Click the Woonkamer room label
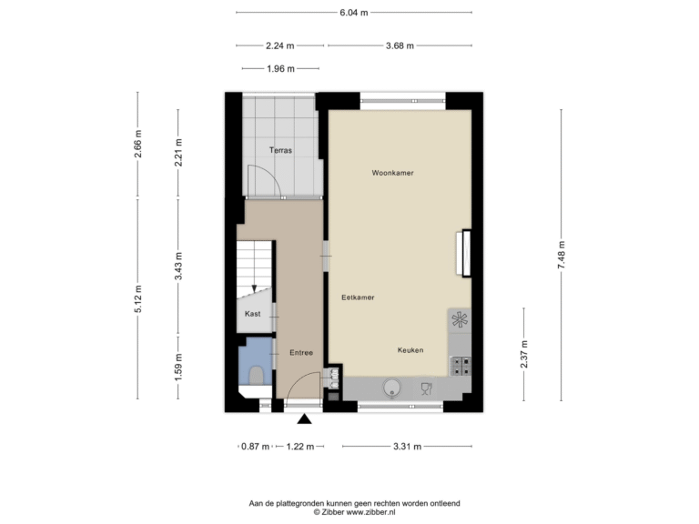click(392, 173)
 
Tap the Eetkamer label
click(358, 297)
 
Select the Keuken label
click(410, 350)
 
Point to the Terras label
click(280, 150)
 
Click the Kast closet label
click(252, 314)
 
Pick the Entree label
click(301, 352)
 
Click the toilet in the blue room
click(256, 375)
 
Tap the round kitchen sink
click(392, 388)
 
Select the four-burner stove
click(461, 366)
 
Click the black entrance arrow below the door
click(305, 418)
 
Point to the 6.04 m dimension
click(354, 13)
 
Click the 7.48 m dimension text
click(562, 255)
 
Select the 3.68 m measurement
click(400, 45)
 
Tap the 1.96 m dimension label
click(280, 68)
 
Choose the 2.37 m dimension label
click(524, 354)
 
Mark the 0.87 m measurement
click(255, 446)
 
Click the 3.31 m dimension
click(407, 446)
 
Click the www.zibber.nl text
click(371, 512)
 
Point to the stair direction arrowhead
click(254, 288)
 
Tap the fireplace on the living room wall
click(464, 253)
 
